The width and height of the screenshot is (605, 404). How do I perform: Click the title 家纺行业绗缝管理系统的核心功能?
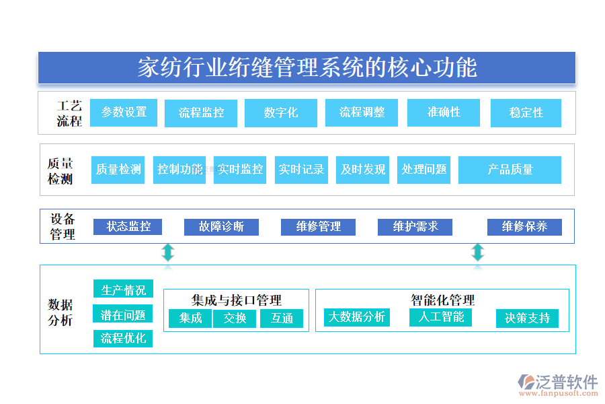coord(307,68)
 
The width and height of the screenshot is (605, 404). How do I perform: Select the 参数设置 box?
coord(124,112)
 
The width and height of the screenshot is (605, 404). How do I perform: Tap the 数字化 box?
coord(281,113)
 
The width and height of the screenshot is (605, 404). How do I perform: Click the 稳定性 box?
coord(526,113)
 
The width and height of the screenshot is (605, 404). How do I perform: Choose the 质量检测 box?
coord(118,170)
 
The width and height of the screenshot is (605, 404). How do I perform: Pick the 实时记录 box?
coord(301,170)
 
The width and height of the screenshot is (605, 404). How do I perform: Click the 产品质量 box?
coord(510,170)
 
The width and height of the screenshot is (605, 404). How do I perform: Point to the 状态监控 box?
coord(128,227)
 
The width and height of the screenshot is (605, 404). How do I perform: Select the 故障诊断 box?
coord(221,227)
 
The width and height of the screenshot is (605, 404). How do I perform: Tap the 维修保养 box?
coord(524,227)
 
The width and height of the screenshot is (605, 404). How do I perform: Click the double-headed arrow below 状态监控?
coord(168,253)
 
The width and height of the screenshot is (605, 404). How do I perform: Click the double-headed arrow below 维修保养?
coord(477,253)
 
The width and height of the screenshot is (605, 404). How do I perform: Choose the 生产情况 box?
coord(123,290)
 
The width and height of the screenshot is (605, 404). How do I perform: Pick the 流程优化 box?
coord(123,338)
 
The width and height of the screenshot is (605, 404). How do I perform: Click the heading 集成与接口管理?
coord(236,300)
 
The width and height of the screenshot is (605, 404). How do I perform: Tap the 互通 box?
coord(282,318)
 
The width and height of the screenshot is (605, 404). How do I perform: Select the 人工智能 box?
coord(440,316)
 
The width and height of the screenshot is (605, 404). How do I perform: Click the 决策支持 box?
coord(527,318)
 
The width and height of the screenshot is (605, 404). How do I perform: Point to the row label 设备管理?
coord(63,227)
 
